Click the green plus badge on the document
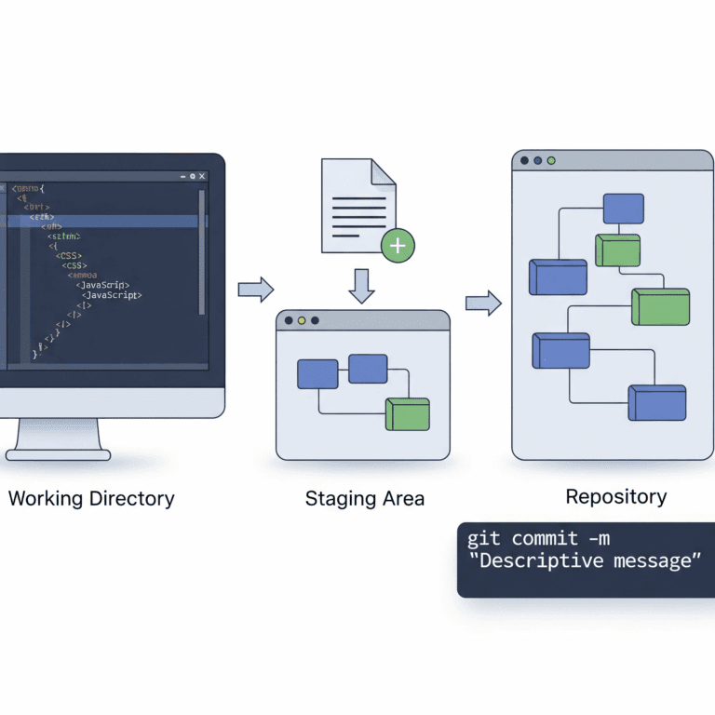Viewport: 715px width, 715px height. pyautogui.click(x=398, y=245)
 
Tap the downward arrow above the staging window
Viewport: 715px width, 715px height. pyautogui.click(x=361, y=285)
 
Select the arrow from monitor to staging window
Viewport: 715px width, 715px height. pyautogui.click(x=256, y=290)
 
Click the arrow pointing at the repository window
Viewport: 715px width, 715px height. pyautogui.click(x=483, y=303)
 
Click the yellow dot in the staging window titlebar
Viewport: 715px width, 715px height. pyautogui.click(x=302, y=320)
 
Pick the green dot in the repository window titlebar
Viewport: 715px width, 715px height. pyautogui.click(x=551, y=160)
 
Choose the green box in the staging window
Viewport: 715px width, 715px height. pyautogui.click(x=407, y=413)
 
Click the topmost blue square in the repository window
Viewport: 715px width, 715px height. pyautogui.click(x=623, y=209)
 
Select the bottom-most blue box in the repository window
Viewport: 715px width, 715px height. pyautogui.click(x=657, y=402)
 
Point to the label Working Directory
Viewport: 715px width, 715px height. pyautogui.click(x=91, y=498)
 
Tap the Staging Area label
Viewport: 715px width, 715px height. pyautogui.click(x=365, y=499)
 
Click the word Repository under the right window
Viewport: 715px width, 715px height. pyautogui.click(x=616, y=496)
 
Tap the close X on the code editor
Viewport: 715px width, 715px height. pyautogui.click(x=202, y=176)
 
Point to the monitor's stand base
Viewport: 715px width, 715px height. pyautogui.click(x=58, y=454)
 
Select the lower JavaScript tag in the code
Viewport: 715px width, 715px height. pyautogui.click(x=112, y=294)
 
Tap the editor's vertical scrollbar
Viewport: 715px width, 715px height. pyautogui.click(x=201, y=251)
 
